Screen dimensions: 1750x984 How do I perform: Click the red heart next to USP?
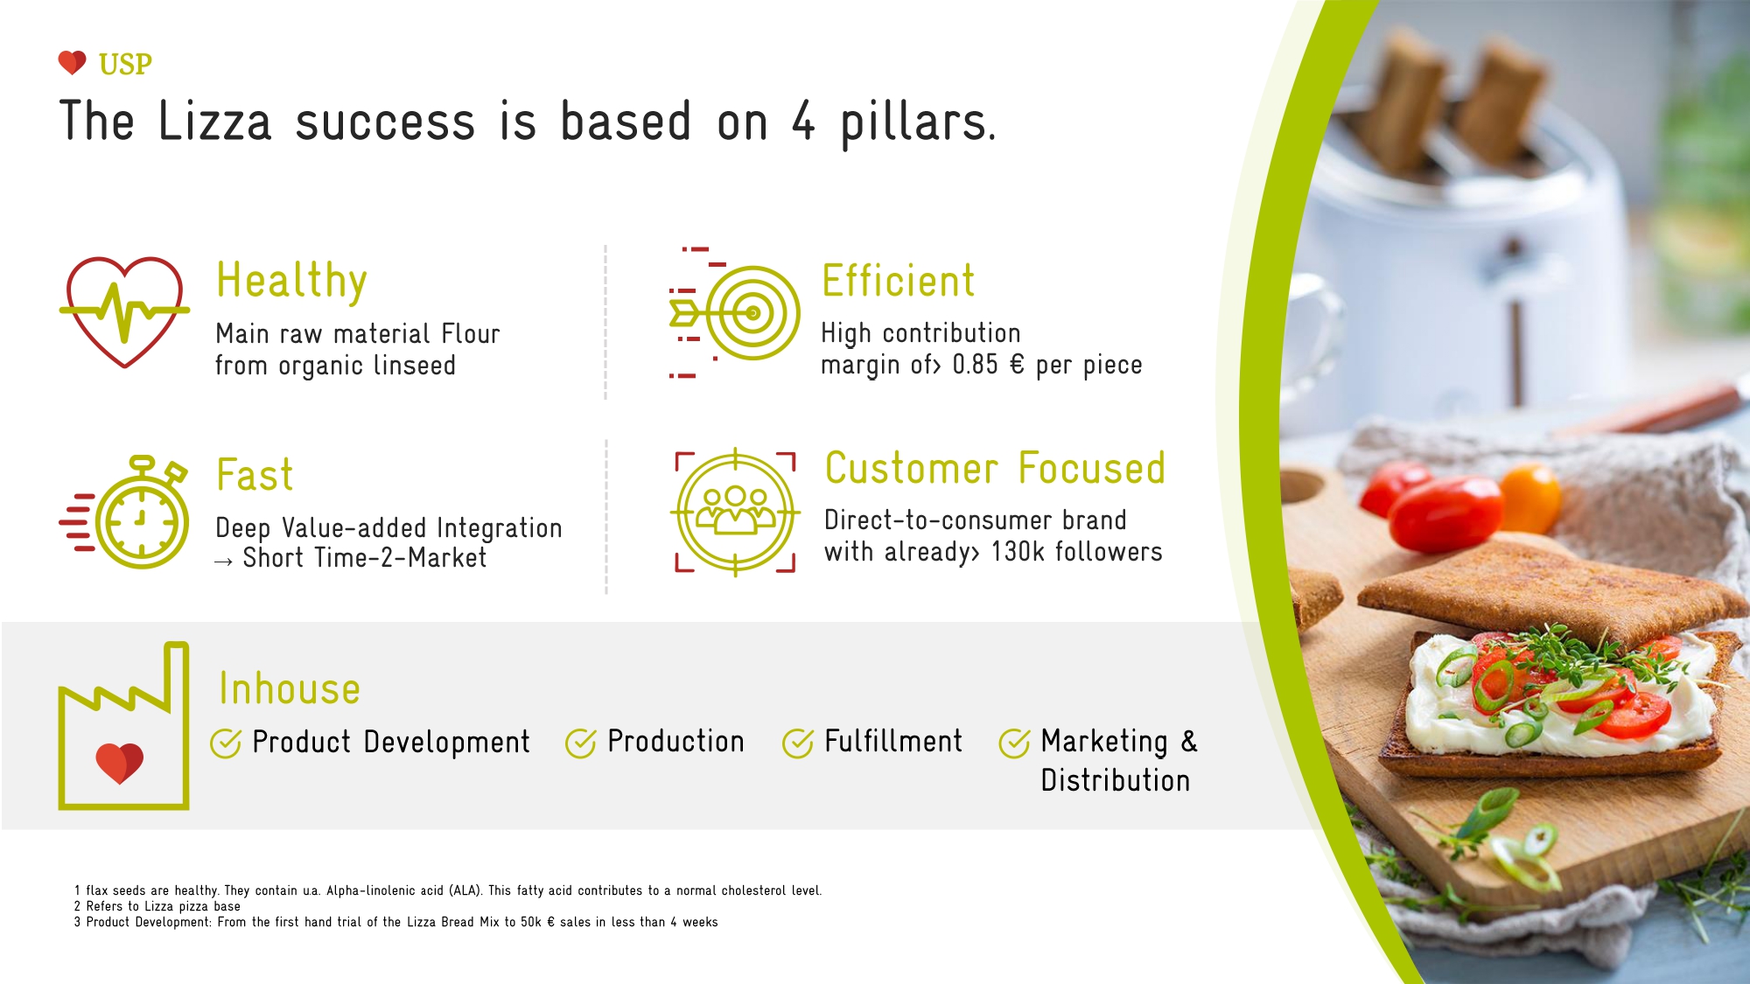(72, 63)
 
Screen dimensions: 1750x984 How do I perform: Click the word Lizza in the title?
(214, 122)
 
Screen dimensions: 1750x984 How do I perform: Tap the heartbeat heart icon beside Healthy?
(124, 312)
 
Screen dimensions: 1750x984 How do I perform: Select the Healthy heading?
(291, 282)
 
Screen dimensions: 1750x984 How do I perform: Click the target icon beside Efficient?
(734, 312)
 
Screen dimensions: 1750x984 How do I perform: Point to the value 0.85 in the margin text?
(975, 365)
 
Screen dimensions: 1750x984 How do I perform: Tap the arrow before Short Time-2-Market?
(223, 562)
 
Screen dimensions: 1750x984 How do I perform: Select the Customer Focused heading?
(995, 469)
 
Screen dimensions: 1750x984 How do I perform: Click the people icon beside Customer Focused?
(735, 512)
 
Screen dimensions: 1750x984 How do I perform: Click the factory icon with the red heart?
(123, 726)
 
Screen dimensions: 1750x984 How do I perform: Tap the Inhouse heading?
(290, 689)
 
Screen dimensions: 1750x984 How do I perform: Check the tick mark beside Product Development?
(226, 743)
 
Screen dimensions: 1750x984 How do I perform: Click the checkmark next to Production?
(581, 743)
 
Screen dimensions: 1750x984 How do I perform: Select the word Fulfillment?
(893, 742)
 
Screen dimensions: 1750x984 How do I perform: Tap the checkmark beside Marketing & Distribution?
(1015, 743)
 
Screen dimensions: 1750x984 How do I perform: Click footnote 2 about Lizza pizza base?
(157, 906)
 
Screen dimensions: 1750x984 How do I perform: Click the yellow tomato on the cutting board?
(1529, 499)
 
